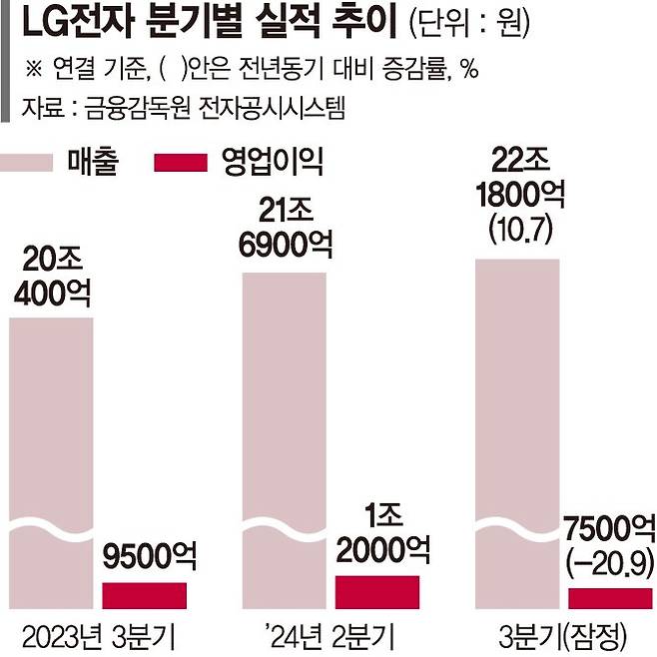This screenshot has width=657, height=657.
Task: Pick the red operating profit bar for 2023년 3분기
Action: [144, 595]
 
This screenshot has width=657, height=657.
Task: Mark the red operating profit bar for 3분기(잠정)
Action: [610, 598]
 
